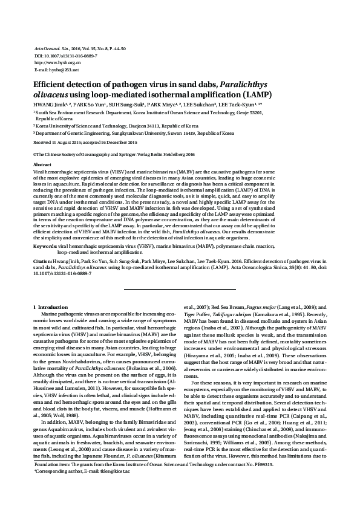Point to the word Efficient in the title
(51, 85)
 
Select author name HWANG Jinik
(47, 105)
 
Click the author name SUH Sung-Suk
(125, 105)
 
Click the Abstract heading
(42, 164)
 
